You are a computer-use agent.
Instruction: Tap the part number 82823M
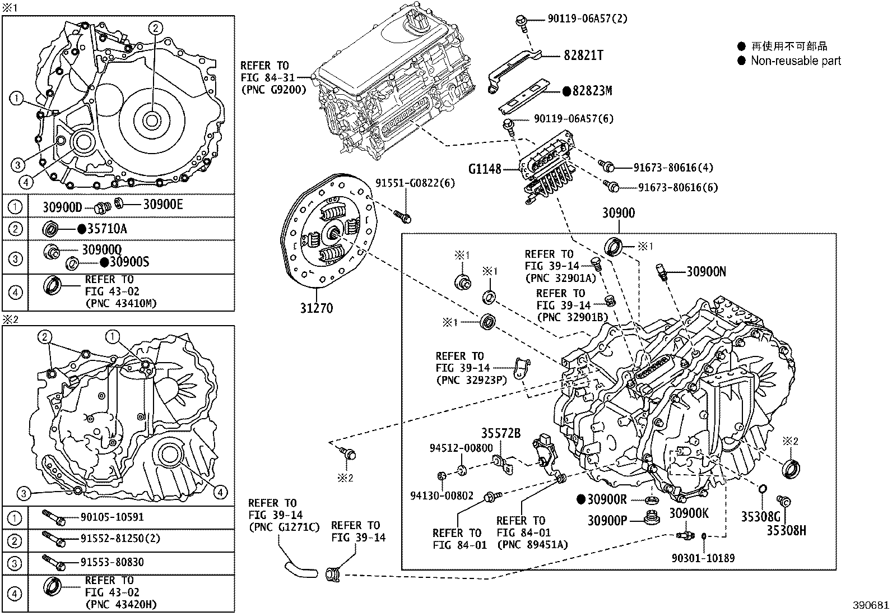point(592,90)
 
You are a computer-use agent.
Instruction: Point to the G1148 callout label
point(485,168)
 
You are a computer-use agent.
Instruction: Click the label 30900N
point(706,272)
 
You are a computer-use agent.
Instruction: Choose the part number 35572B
point(500,434)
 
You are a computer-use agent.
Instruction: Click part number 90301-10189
point(703,558)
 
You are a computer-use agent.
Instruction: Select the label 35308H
point(786,530)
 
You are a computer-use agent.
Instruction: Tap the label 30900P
point(607,521)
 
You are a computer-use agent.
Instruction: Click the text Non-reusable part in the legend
point(796,61)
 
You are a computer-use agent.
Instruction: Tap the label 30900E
point(163,205)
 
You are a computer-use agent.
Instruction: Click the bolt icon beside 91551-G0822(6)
point(402,215)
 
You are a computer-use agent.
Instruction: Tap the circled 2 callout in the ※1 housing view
point(155,27)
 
